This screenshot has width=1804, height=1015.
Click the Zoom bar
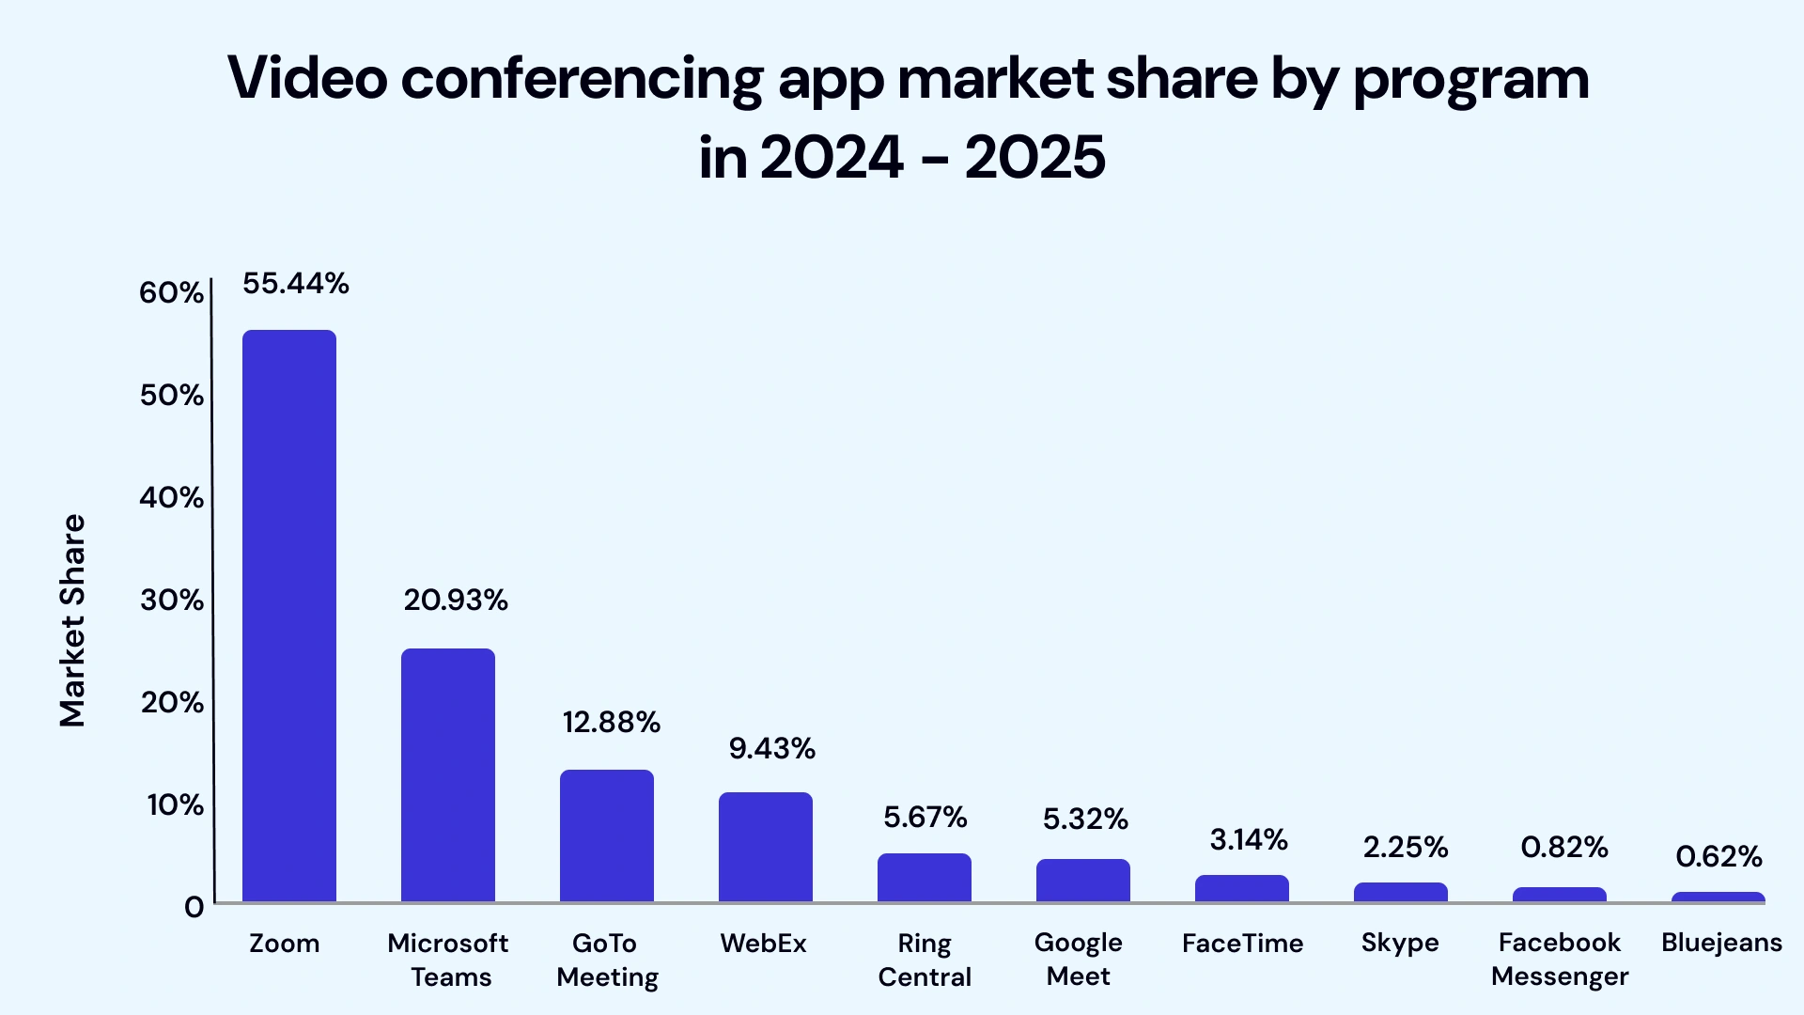[289, 616]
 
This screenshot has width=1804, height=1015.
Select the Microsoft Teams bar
[448, 775]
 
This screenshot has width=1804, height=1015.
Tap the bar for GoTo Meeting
[607, 835]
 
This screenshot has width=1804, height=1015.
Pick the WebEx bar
[766, 847]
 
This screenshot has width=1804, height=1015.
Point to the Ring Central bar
[925, 878]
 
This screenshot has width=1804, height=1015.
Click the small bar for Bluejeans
[1718, 898]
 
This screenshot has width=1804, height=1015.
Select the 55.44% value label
[296, 283]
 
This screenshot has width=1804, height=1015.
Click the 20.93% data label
[456, 600]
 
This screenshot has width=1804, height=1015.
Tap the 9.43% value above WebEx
[772, 748]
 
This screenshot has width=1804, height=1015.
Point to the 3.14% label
[1249, 839]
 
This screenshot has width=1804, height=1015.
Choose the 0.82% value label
[1564, 847]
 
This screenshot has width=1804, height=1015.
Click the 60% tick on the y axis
[171, 292]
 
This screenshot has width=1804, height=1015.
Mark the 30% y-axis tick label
[171, 600]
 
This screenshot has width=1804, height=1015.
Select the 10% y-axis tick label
[175, 804]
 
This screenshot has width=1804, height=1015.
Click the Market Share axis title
[72, 620]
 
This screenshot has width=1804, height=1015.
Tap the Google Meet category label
[1079, 959]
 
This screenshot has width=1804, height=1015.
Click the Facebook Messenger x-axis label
[1560, 959]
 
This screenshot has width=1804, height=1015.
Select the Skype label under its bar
[1400, 943]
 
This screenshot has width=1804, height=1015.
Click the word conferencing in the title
[582, 79]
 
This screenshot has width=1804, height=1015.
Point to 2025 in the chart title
[1034, 157]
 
